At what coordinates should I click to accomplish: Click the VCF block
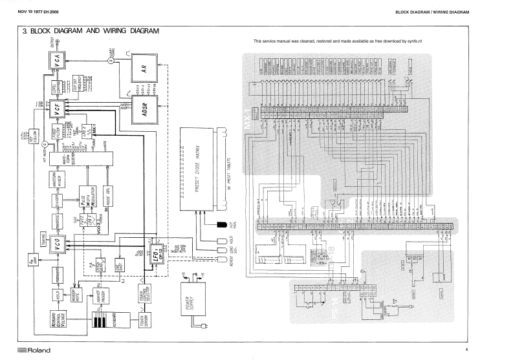pos(58,109)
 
